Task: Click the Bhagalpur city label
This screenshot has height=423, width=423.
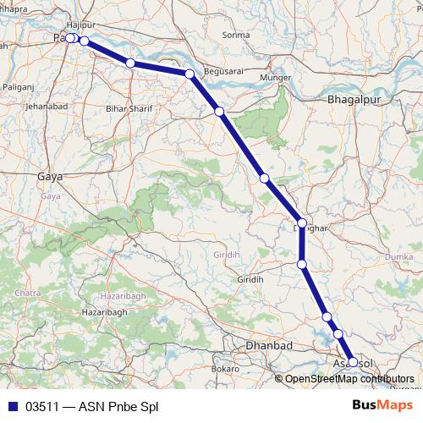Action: tap(351, 100)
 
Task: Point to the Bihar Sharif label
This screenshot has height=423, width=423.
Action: tap(127, 109)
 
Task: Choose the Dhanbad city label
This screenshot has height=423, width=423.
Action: tap(268, 346)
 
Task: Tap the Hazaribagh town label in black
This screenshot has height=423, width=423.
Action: tap(104, 312)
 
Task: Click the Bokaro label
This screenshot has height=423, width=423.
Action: tap(226, 369)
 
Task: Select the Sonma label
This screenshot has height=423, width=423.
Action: tap(235, 35)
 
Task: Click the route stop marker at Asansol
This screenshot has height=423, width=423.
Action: tap(353, 362)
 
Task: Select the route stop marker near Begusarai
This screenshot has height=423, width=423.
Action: tap(190, 74)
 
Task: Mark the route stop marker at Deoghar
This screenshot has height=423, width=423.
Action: tap(302, 223)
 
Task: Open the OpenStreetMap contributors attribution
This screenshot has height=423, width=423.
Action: tap(349, 379)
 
